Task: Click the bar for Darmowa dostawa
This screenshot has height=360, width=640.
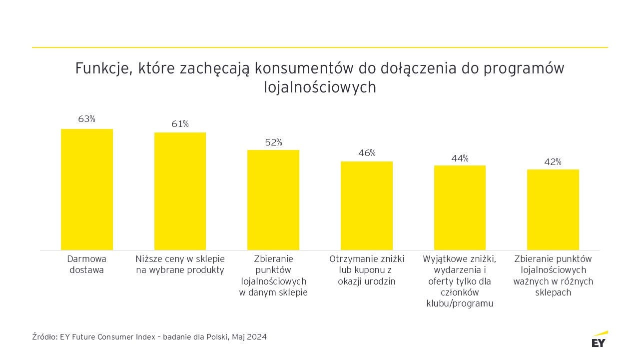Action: pyautogui.click(x=87, y=189)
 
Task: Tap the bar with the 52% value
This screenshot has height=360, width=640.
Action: pyautogui.click(x=273, y=200)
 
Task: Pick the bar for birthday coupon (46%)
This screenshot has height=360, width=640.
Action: pyautogui.click(x=367, y=205)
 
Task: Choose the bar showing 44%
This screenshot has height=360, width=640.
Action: pyautogui.click(x=460, y=207)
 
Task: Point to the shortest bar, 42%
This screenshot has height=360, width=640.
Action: pyautogui.click(x=553, y=209)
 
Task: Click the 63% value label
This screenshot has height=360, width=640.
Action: pyautogui.click(x=86, y=119)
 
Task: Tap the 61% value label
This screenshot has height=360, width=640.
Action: pyautogui.click(x=180, y=124)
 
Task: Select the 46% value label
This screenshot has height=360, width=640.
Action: pyautogui.click(x=367, y=153)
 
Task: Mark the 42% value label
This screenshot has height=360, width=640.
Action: pyautogui.click(x=553, y=162)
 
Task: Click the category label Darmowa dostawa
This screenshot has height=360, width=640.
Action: pyautogui.click(x=87, y=264)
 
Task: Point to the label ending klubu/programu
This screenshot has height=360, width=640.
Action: pyautogui.click(x=460, y=303)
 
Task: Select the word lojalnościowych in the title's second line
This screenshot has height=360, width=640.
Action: pyautogui.click(x=320, y=87)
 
